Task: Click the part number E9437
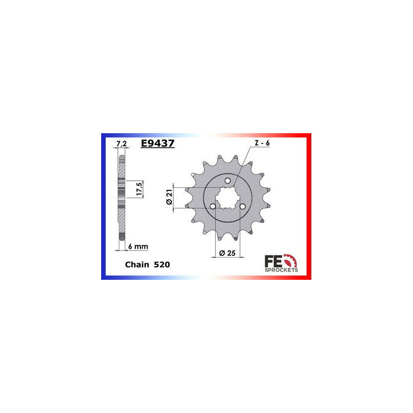(157, 144)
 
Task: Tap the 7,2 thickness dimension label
(121, 144)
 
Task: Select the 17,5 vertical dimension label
(139, 189)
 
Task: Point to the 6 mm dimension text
(138, 247)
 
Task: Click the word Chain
(137, 264)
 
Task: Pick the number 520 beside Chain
(162, 264)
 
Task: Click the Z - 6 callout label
(262, 143)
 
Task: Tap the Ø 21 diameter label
(169, 197)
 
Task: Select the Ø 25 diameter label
(227, 253)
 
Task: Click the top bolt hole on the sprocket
(228, 181)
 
